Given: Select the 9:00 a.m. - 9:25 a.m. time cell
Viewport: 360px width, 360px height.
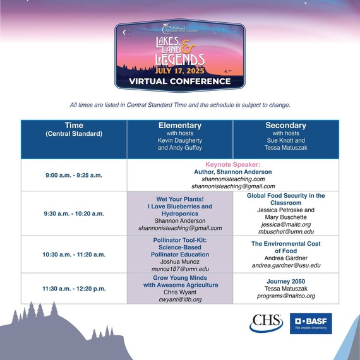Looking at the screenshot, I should [74, 174].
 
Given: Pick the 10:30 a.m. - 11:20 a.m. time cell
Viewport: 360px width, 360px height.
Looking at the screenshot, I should [74, 254].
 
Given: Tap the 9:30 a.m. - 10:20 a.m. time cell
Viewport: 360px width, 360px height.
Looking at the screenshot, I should [74, 213].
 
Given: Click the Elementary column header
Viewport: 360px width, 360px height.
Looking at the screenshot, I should [180, 138].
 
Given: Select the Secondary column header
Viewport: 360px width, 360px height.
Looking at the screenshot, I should [285, 138].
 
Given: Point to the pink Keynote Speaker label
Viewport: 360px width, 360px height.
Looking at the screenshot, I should [233, 164].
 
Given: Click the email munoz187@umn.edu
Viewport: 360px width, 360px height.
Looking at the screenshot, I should [180, 269].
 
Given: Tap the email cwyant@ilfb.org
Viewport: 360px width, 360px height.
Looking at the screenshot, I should [180, 299].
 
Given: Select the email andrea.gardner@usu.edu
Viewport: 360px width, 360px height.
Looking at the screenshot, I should [285, 266].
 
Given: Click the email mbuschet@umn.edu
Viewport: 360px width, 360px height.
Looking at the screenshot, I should [285, 232].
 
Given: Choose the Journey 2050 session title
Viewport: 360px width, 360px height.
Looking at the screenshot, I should [285, 283].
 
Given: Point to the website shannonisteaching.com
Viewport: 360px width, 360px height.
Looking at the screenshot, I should [233, 179].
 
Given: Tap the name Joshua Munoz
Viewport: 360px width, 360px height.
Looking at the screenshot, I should [180, 261].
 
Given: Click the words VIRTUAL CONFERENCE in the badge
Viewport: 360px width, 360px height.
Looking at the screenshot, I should [179, 81].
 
